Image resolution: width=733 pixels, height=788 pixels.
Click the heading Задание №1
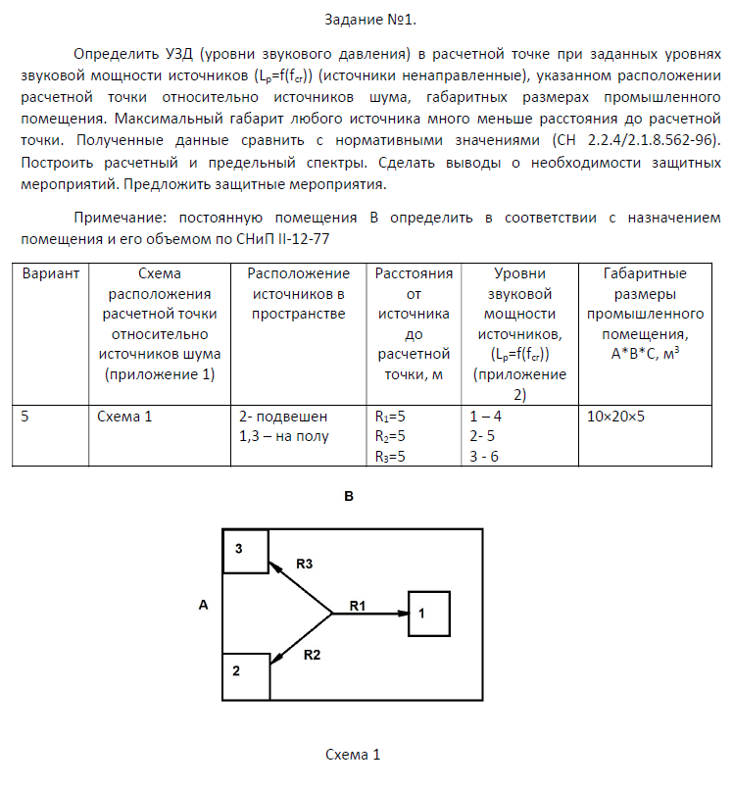366,20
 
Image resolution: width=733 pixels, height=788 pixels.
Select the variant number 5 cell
25,416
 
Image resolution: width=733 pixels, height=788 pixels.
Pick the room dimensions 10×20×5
615,416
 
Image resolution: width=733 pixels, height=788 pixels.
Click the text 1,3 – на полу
284,436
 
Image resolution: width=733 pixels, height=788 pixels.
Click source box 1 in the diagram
428,614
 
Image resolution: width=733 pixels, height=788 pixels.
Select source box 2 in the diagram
245,676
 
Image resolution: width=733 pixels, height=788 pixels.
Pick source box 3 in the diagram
245,551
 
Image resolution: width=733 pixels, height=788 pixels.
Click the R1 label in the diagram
358,606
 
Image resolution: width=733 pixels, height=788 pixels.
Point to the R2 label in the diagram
312,654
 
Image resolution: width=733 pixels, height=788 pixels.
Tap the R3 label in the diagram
304,565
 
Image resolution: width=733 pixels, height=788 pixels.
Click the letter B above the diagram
348,497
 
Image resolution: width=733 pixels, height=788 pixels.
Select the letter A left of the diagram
203,606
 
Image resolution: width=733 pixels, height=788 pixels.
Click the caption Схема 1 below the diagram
352,755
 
